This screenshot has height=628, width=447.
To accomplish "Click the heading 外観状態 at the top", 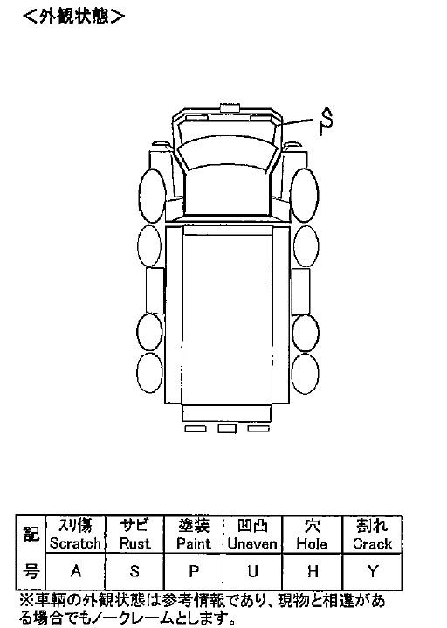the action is [x=74, y=17].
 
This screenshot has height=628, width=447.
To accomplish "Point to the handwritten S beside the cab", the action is [x=327, y=121].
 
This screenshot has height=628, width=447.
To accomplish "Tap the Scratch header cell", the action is [x=76, y=535].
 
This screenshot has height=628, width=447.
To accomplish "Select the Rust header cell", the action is [x=134, y=535].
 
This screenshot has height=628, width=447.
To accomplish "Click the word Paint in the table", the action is [x=194, y=544].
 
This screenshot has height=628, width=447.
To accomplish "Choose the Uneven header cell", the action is [x=252, y=535].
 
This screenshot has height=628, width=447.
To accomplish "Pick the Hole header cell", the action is [x=312, y=535].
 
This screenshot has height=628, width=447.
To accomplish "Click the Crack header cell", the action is [x=372, y=535].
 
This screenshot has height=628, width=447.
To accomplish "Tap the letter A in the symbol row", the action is [x=76, y=571].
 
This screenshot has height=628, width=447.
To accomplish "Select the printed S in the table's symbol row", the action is [x=134, y=571].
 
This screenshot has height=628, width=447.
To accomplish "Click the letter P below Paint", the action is [x=194, y=571].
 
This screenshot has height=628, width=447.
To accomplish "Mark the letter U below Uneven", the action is [x=252, y=571].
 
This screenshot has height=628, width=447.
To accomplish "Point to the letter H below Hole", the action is [x=313, y=571].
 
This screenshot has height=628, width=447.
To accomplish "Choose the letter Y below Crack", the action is [x=373, y=571].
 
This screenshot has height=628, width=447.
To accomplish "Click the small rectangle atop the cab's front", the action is [x=230, y=107].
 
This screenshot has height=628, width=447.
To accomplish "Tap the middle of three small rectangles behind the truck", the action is [x=227, y=429].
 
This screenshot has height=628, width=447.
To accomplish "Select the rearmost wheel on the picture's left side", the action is [x=149, y=372].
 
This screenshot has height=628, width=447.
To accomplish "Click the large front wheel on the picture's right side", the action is [x=305, y=195].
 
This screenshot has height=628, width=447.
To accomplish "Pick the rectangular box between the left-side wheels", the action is [x=155, y=291].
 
